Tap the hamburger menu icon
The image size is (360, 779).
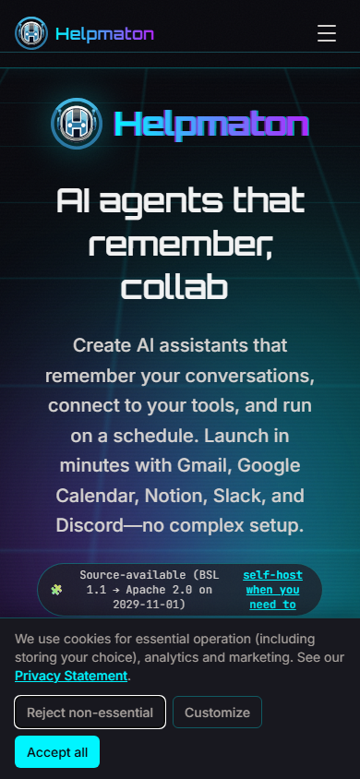327,33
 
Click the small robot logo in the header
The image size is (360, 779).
31,33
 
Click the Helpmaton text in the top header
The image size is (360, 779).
105,34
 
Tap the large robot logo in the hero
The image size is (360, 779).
77,124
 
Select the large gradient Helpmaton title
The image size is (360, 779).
210,124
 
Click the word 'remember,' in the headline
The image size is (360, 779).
180,245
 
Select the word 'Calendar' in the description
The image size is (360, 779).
96,496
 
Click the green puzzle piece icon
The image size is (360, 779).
56,589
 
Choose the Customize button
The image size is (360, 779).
217,713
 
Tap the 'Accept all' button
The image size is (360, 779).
57,752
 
